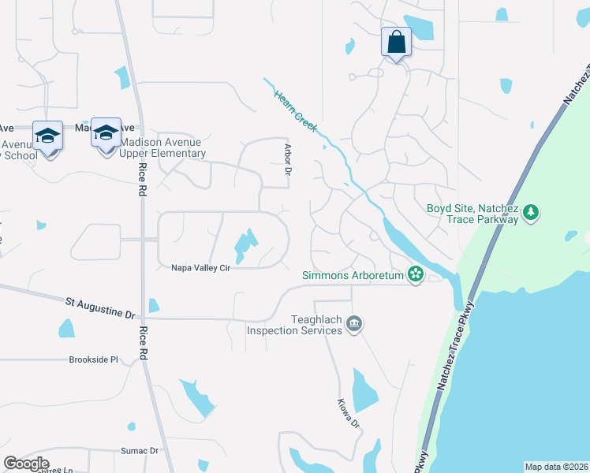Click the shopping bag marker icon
[x=395, y=42]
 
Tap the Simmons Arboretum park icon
[x=416, y=275]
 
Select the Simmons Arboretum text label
[x=353, y=275]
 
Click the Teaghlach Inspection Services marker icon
[x=354, y=322]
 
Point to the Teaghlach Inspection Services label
[x=294, y=324]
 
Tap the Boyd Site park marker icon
[x=532, y=211]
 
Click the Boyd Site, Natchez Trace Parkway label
[x=472, y=214]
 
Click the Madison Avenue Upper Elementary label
[x=162, y=148]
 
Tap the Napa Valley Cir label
[x=200, y=268]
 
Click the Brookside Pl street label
[x=92, y=359]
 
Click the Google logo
[x=26, y=464]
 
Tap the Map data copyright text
[x=556, y=466]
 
